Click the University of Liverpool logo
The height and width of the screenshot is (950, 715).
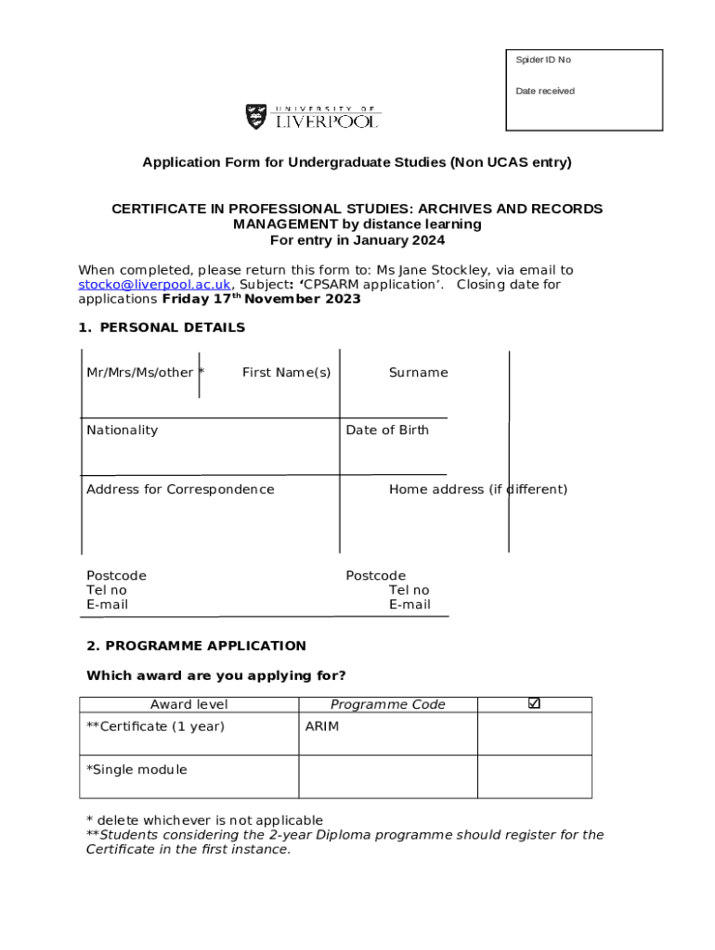pos(313,117)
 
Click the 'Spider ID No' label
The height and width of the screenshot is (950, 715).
pos(543,60)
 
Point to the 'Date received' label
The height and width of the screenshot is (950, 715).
pos(545,91)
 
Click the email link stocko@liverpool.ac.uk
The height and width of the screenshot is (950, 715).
pos(154,285)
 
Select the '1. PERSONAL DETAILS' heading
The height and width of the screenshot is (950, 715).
pos(162,327)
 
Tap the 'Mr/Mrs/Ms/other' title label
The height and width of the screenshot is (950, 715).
pos(140,373)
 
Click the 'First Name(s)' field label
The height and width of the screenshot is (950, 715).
pos(286,373)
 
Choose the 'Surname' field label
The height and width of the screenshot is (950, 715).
pos(418,373)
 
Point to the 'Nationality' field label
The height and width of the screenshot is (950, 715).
pos(122,430)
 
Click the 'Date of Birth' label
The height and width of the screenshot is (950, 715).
pos(387,430)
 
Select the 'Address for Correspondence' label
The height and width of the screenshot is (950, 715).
pos(180,490)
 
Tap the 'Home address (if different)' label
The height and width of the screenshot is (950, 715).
pos(477,490)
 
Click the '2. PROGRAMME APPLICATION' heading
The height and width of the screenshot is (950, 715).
pos(196,646)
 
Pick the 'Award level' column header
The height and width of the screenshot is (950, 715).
pos(188,705)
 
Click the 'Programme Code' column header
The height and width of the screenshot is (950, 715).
pos(387,705)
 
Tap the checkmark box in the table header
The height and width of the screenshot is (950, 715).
pos(534,704)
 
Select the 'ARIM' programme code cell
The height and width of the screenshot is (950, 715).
pos(322,726)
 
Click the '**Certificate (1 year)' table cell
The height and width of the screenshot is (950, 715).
pos(155,726)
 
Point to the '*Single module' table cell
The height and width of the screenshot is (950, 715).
pos(136,770)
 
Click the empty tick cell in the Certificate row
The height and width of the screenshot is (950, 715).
pos(534,734)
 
